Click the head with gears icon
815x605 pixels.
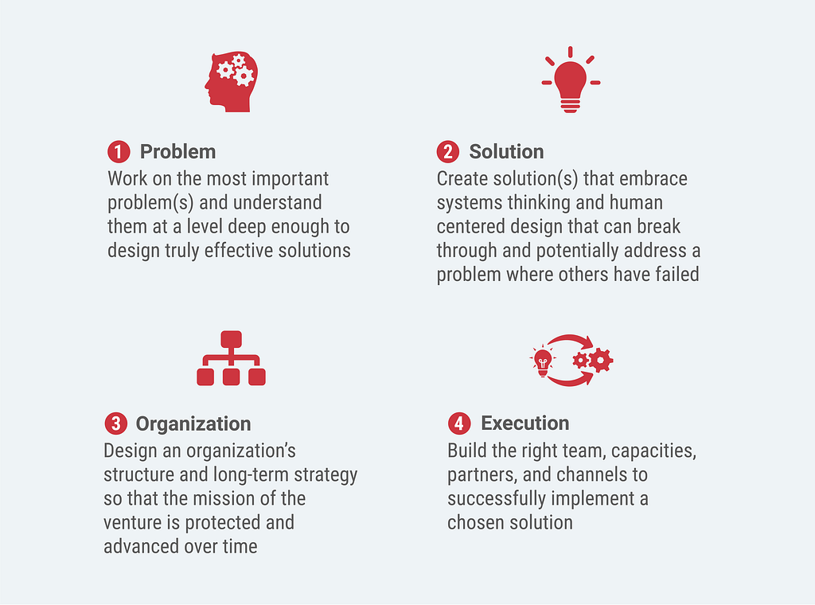(x=232, y=82)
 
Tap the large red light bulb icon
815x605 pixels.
(x=571, y=80)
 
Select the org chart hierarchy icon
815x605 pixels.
(x=232, y=358)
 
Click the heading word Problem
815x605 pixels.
(x=177, y=152)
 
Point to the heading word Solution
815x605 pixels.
(x=506, y=152)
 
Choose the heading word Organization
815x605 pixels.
(x=193, y=424)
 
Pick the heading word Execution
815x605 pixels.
(x=525, y=423)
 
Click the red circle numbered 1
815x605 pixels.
(x=119, y=152)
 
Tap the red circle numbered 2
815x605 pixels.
(x=447, y=152)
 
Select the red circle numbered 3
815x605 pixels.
(x=116, y=423)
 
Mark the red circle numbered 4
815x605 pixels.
(x=459, y=423)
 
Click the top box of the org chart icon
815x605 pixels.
(x=232, y=339)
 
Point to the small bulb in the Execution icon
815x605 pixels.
(x=543, y=361)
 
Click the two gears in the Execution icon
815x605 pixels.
(x=593, y=360)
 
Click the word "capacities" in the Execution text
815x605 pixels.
(x=653, y=451)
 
